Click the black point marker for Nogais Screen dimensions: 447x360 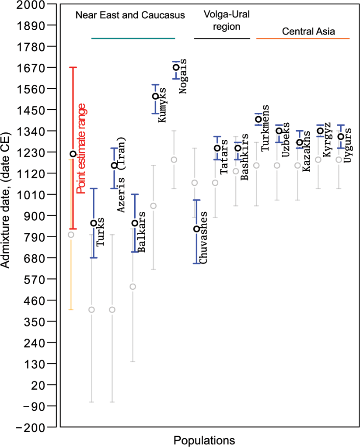click(x=176, y=67)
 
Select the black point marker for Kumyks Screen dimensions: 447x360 click(x=155, y=96)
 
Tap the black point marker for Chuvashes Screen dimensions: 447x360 click(x=197, y=229)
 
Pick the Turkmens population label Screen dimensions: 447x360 click(x=265, y=128)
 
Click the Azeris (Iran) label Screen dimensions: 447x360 click(x=120, y=175)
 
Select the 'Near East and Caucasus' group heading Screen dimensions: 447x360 click(x=130, y=15)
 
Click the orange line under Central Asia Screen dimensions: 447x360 click(x=303, y=39)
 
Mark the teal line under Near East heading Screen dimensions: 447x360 click(x=133, y=39)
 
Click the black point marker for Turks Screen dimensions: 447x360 click(x=93, y=223)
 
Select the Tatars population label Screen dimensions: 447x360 click(x=224, y=157)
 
